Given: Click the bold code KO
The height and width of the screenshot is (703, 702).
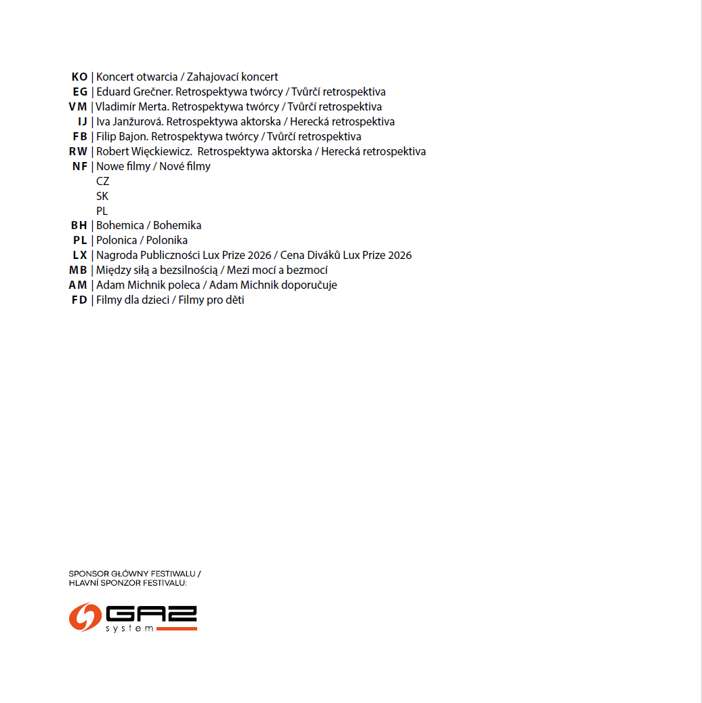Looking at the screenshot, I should (79, 77).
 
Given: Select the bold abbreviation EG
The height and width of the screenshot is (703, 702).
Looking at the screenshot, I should (80, 92).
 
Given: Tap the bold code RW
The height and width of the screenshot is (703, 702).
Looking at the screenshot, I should (78, 152).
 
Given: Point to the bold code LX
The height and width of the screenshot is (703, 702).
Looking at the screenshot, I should (80, 256).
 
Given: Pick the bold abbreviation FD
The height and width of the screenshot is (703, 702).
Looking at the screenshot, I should (79, 300).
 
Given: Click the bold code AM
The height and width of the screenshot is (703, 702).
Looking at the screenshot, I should (78, 285).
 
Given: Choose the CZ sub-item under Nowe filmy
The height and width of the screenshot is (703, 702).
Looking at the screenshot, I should (102, 182).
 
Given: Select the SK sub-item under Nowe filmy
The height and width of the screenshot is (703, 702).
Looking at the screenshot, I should (102, 197).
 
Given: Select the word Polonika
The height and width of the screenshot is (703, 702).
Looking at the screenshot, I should (167, 241).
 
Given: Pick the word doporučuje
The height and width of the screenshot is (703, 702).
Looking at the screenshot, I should (308, 285).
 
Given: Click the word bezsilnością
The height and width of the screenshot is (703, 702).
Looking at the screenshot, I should (188, 270).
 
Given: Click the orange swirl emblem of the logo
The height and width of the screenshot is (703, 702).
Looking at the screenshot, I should (85, 617).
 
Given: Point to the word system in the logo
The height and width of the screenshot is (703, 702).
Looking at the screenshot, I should (129, 628).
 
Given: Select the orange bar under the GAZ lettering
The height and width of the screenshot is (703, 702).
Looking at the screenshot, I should (176, 629).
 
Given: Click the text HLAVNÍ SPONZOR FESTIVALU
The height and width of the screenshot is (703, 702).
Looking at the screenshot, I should (127, 583).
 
